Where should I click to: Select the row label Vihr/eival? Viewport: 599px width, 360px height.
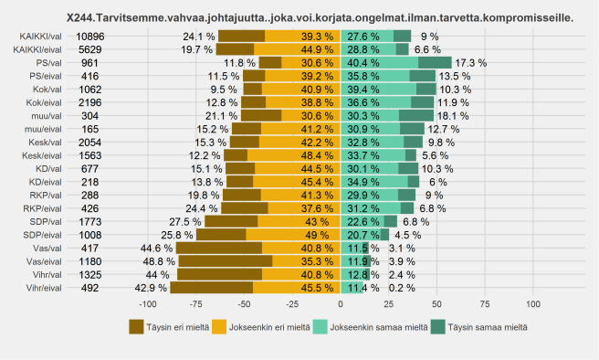coord(39,287)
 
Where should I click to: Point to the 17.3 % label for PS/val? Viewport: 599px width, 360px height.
coord(471,62)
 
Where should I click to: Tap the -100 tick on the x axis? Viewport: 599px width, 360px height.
coord(147,303)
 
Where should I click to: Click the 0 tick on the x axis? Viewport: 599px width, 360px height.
coord(341,303)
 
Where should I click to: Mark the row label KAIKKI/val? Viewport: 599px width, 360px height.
coord(39,36)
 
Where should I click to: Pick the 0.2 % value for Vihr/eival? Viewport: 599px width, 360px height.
coord(402,287)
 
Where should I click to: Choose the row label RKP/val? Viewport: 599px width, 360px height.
coord(45,195)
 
